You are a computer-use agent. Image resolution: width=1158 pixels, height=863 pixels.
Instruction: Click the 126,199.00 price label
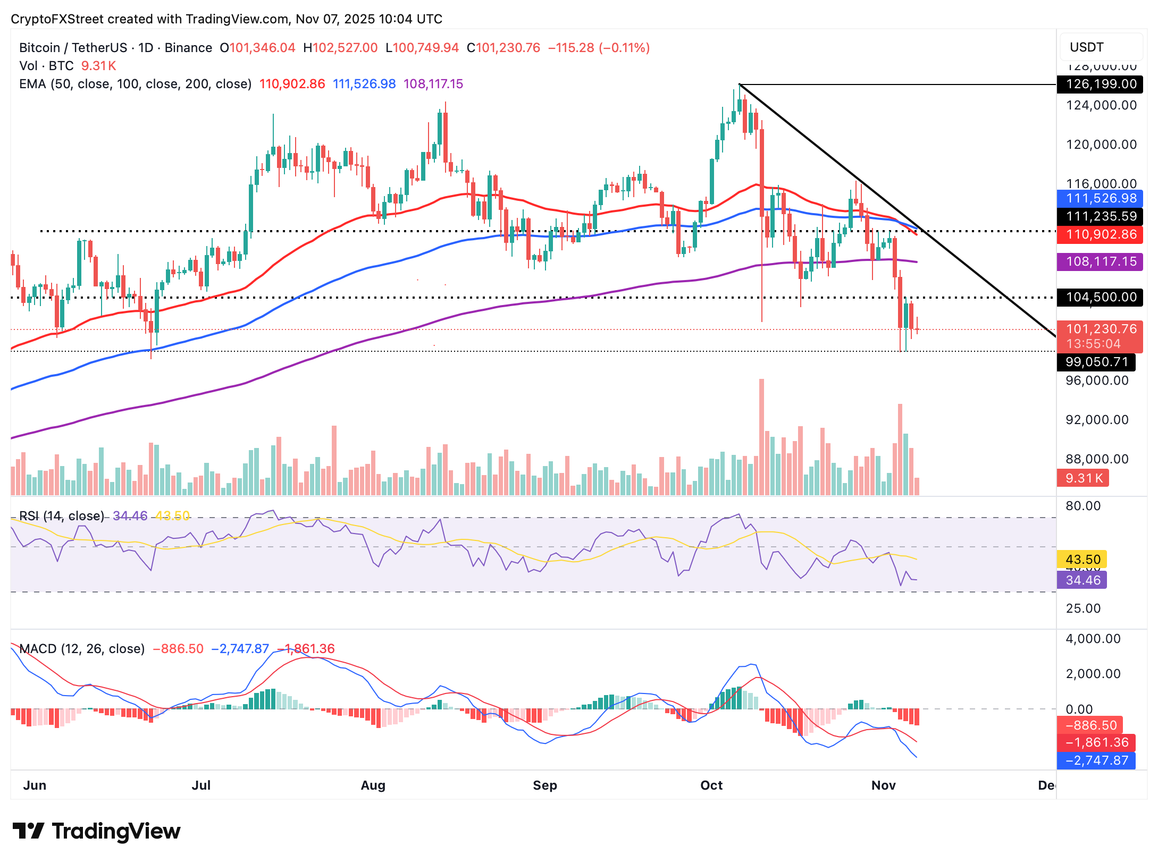pos(1100,84)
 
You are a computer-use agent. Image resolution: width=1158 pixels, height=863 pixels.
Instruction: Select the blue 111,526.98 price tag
pos(1100,198)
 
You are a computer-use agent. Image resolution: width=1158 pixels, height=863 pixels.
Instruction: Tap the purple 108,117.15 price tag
pos(1100,261)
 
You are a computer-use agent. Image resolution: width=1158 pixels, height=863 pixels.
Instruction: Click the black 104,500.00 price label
pos(1100,297)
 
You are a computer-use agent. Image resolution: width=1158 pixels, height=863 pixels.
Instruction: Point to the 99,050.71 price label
pos(1096,362)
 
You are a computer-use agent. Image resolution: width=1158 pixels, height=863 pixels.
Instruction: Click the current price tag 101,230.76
pos(1100,329)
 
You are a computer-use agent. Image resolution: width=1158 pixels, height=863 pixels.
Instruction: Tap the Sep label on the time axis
pos(544,785)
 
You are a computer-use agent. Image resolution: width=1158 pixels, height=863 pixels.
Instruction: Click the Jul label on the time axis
pos(201,785)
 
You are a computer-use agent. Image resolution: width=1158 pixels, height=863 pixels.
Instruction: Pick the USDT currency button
pos(1100,47)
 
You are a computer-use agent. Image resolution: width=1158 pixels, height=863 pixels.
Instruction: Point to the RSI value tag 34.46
pos(1083,580)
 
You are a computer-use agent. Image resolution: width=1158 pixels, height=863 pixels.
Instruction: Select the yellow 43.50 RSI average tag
pos(1083,560)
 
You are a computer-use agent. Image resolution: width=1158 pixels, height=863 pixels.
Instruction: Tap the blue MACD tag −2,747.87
pos(1096,760)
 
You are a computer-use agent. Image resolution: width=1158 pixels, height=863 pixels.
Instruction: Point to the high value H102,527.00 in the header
pos(340,48)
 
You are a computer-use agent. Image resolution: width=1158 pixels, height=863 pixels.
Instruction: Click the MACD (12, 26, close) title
pos(82,649)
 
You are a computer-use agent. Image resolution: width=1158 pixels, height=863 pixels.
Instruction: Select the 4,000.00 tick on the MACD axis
pos(1093,639)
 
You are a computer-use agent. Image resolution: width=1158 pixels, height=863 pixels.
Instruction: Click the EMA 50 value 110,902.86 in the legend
pos(292,84)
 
